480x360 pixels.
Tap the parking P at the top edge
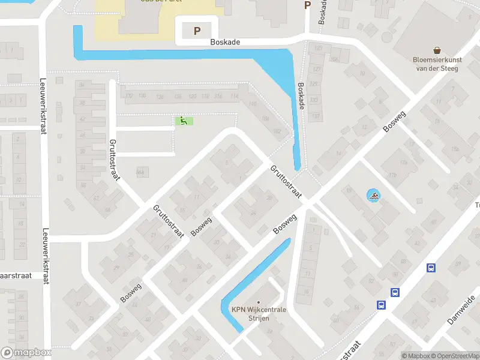pos(308,5)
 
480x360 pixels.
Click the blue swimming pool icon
pos(374,196)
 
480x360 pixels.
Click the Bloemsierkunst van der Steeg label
pos(436,64)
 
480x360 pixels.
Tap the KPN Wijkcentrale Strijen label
pos(259,313)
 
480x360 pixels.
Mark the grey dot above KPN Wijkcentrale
pos(259,302)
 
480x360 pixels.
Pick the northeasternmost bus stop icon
pos(430,268)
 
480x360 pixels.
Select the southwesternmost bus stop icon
pos(381,305)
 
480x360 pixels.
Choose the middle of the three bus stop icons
pos(395,292)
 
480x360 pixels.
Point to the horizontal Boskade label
pos(225,43)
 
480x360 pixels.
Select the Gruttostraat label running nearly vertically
pos(114,160)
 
